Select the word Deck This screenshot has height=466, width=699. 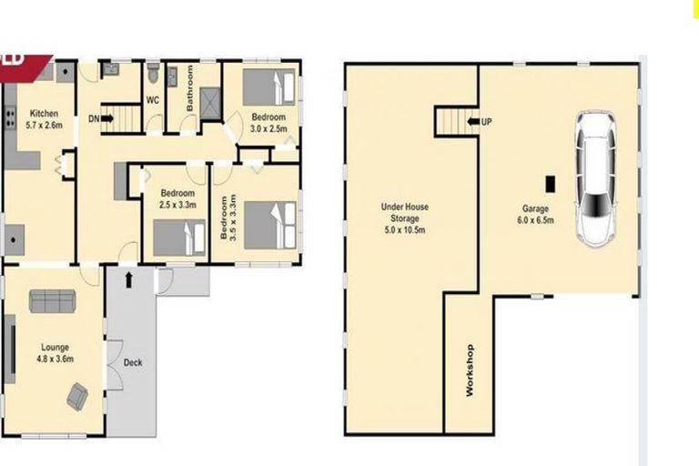[x=133, y=363]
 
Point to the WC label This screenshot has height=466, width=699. [x=153, y=99]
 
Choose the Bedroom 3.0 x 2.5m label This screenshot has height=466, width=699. [x=268, y=123]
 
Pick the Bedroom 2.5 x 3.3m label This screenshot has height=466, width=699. [x=177, y=198]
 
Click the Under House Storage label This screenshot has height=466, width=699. [x=405, y=218]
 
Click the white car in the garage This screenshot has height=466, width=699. [x=594, y=179]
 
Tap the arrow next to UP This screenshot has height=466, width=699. [x=472, y=120]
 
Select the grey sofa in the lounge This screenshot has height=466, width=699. [x=53, y=300]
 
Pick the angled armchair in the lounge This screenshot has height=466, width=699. [x=77, y=395]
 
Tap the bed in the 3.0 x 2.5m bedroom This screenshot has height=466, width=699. [x=269, y=88]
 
